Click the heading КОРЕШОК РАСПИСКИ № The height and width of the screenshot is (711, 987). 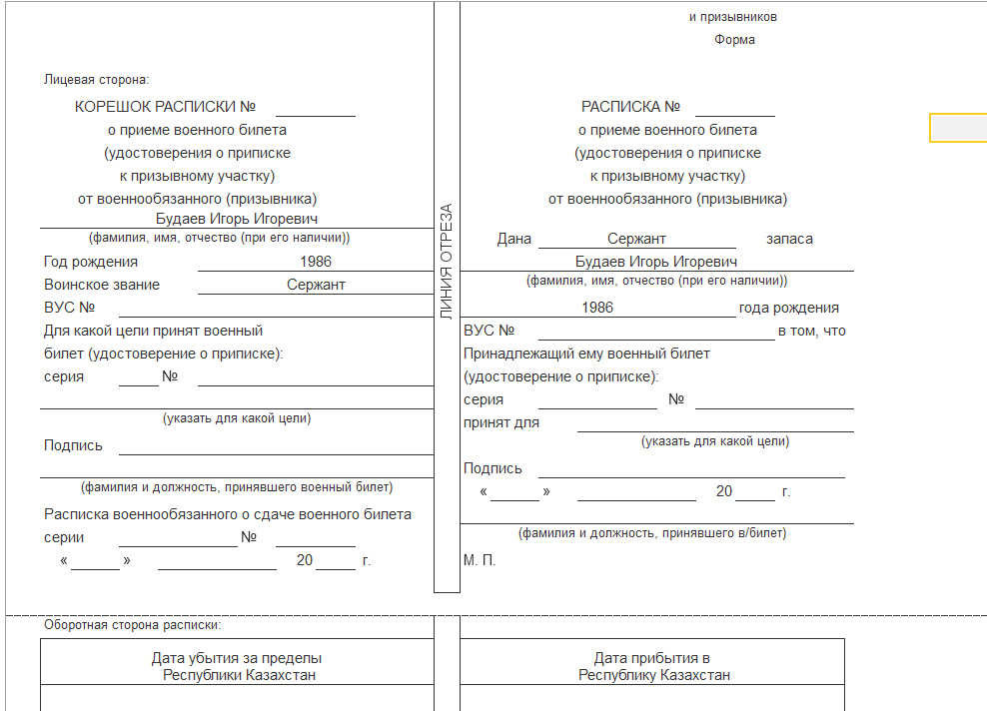[166, 107]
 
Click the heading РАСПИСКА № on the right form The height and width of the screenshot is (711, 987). [630, 107]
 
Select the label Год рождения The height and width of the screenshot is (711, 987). [91, 262]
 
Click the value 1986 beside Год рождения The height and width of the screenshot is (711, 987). [315, 262]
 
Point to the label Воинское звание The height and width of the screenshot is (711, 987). [102, 285]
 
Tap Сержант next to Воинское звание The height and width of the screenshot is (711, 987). [316, 285]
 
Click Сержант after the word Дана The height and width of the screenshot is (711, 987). [636, 239]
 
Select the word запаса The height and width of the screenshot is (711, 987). [789, 239]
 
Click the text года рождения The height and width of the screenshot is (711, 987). [788, 308]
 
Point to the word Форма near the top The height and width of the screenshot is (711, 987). [734, 40]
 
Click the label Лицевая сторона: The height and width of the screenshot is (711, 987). [96, 80]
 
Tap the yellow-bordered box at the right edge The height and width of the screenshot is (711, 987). [958, 128]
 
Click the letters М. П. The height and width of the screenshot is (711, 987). [480, 560]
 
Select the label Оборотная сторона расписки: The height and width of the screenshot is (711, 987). [132, 625]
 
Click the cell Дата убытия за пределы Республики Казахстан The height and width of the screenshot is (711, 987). [237, 666]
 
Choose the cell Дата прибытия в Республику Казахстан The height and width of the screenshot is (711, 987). [653, 666]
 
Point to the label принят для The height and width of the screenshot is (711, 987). [501, 422]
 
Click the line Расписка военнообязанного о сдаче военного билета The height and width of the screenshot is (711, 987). [228, 514]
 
